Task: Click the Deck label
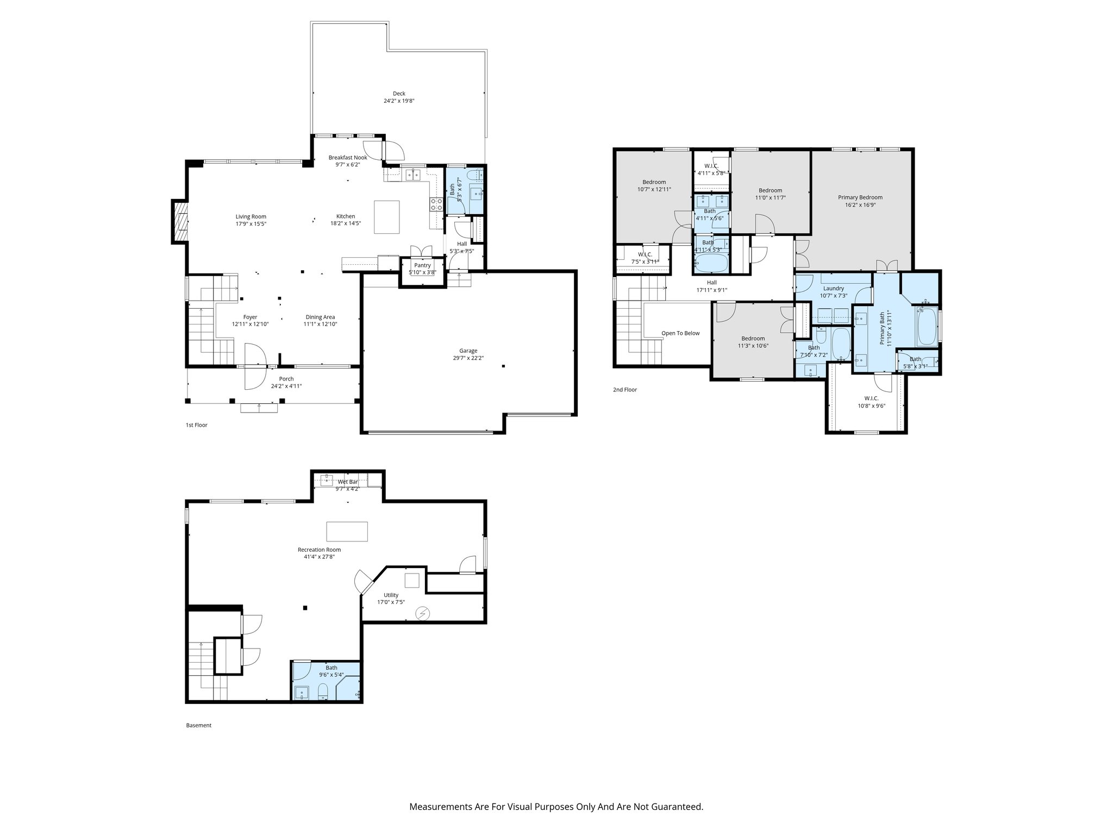(x=399, y=94)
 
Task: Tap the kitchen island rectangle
(x=386, y=217)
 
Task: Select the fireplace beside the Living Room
(x=180, y=221)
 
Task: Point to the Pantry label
(x=422, y=265)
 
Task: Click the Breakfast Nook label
(x=348, y=158)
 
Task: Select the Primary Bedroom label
(x=860, y=197)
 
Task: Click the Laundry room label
(x=833, y=288)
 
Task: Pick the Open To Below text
(x=680, y=333)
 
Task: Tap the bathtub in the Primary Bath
(x=927, y=326)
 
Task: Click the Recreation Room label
(x=319, y=550)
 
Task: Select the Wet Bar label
(x=348, y=482)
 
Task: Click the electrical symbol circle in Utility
(x=422, y=614)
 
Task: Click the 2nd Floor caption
(x=624, y=390)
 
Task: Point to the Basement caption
(x=198, y=725)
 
